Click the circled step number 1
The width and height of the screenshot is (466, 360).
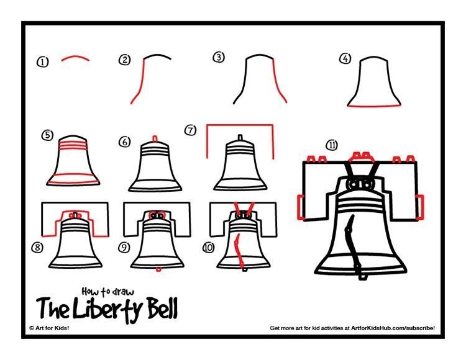pos(43,62)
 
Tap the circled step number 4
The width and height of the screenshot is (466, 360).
pos(345,58)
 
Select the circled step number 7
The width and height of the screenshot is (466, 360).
pos(191,130)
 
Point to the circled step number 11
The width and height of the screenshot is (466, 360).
pos(332,145)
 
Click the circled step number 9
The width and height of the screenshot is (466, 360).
pos(124,247)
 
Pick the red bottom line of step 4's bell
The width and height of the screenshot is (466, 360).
pos(374,106)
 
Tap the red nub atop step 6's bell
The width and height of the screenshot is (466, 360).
pos(155,138)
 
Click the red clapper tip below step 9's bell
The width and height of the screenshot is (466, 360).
pos(158,269)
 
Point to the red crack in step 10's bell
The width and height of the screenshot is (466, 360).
pos(238,250)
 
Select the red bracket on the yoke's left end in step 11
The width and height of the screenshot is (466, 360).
pos(301,207)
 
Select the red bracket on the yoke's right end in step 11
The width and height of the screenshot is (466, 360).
pos(419,207)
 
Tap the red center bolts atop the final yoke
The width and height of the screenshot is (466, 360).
pos(361,156)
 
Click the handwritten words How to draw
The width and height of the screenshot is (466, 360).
pos(108,292)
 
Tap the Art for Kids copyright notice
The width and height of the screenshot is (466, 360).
pos(49,328)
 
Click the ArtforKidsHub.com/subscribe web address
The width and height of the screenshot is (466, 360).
pos(393,328)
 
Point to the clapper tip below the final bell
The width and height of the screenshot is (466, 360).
pos(362,277)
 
